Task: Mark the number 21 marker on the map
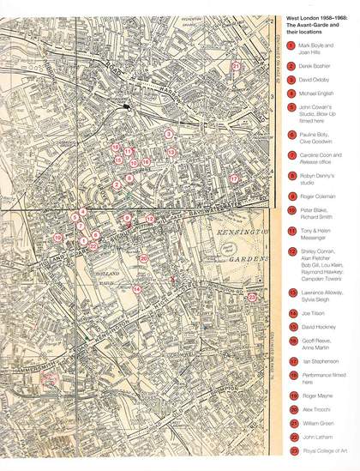(237, 65)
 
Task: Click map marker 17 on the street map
(233, 178)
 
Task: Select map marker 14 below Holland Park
(137, 289)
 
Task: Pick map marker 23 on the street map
(253, 296)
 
